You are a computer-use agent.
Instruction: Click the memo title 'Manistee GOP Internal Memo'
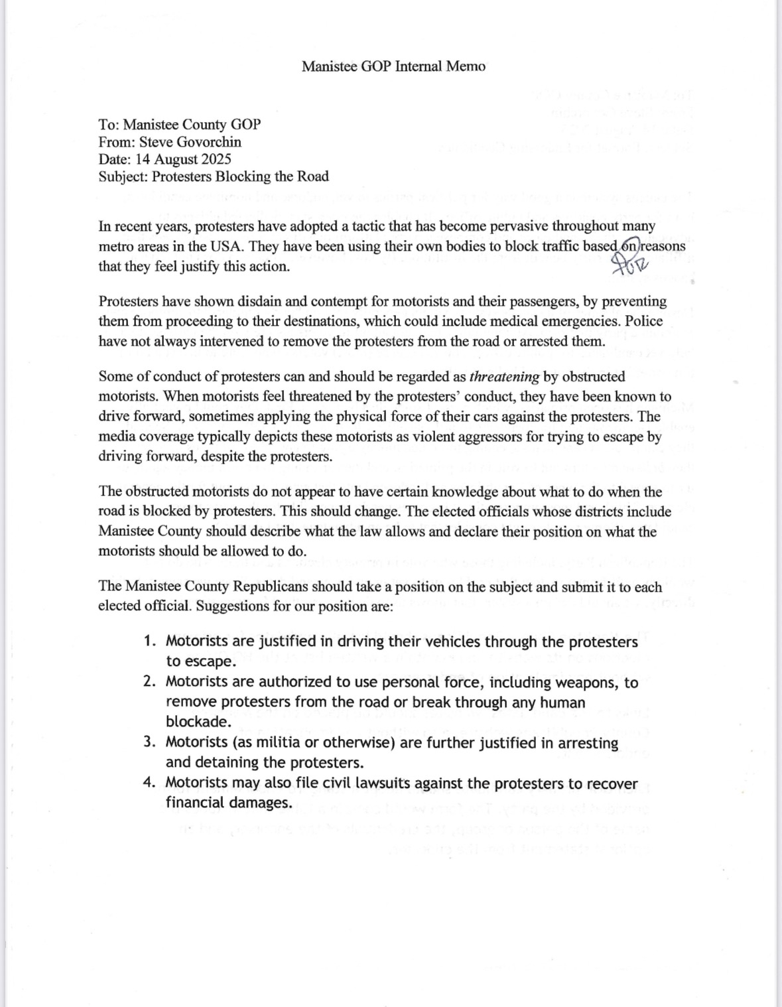point(393,66)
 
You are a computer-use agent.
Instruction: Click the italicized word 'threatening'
point(504,377)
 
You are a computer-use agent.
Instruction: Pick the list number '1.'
point(151,641)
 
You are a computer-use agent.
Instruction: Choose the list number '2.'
point(151,682)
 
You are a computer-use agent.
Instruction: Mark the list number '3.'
point(151,742)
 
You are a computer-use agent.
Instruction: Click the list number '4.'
point(151,783)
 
